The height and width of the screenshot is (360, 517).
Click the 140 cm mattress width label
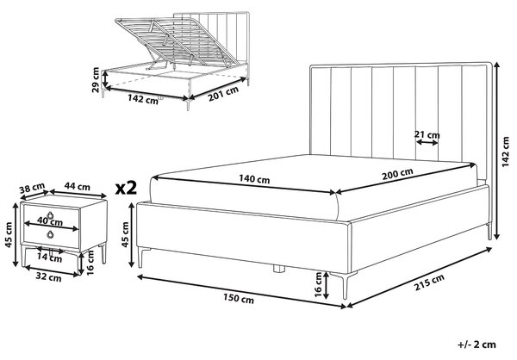pos(254,179)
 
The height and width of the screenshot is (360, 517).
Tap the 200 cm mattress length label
pos(397,174)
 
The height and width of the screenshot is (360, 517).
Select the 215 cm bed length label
pos(429,282)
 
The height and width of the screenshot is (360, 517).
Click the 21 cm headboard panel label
pos(427,134)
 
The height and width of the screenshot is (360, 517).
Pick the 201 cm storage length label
pos(223,94)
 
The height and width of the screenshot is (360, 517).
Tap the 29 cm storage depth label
pos(96,80)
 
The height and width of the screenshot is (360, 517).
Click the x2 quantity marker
pos(126,188)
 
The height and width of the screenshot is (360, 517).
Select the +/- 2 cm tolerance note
pos(477,344)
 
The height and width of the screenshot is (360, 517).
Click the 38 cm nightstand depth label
pos(32,189)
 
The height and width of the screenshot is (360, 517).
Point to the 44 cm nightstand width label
pos(78,187)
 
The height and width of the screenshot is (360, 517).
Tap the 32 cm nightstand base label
pos(48,277)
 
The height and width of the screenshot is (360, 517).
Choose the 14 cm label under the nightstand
pos(49,258)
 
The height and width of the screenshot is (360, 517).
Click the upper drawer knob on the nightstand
pos(50,215)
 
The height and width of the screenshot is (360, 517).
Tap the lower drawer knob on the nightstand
pos(50,234)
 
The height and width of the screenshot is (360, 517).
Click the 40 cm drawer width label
pos(50,221)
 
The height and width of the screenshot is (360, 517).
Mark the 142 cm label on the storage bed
pos(143,99)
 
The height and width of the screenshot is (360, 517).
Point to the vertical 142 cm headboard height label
pos(506,152)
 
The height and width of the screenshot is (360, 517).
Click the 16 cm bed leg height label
pos(318,284)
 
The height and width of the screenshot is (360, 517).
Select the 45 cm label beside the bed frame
pos(125,234)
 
